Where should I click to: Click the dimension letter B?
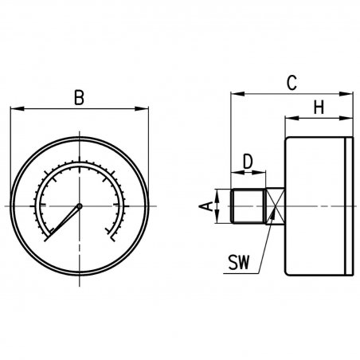(x=79, y=98)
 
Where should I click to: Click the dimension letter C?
(x=292, y=83)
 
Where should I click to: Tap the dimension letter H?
(x=319, y=108)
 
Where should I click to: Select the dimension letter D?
(x=248, y=162)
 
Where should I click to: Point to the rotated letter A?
(x=206, y=206)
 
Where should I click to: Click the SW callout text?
(x=239, y=262)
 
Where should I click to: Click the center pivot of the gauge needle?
(x=80, y=205)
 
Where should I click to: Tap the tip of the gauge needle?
(x=45, y=241)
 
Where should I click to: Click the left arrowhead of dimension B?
(x=17, y=108)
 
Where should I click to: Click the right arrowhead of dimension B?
(x=142, y=108)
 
